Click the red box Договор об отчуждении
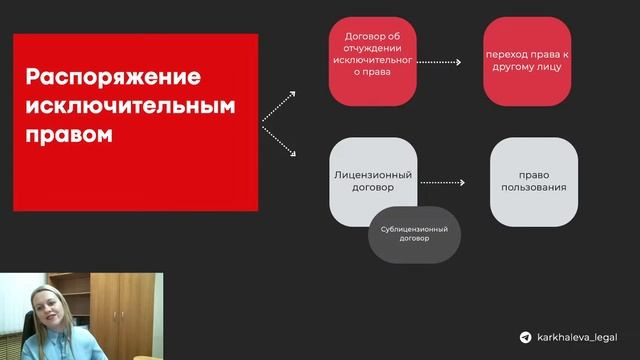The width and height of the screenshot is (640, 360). tap(372, 61)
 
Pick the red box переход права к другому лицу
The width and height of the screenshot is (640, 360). tap(527, 61)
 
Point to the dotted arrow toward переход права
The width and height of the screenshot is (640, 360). tap(439, 62)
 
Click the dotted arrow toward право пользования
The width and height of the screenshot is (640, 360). tap(446, 183)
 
